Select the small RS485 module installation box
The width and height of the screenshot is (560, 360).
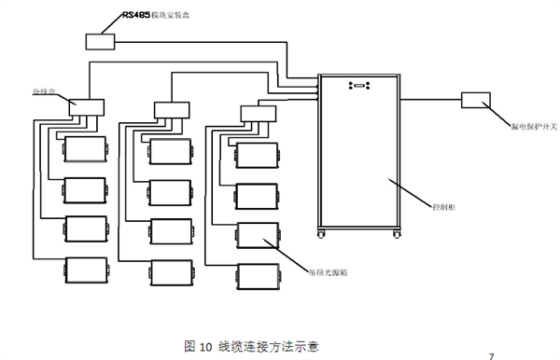pyautogui.click(x=99, y=41)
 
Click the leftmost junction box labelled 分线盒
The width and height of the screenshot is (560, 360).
pyautogui.click(x=84, y=108)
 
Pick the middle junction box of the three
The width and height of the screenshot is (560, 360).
pyautogui.click(x=170, y=109)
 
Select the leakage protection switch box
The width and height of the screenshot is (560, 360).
pyautogui.click(x=479, y=100)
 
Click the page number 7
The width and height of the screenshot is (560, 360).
pyautogui.click(x=492, y=355)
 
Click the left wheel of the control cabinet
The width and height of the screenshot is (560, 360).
pyautogui.click(x=324, y=234)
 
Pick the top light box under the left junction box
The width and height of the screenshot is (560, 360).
pyautogui.click(x=86, y=149)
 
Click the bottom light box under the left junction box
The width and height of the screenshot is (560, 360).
pyautogui.click(x=86, y=270)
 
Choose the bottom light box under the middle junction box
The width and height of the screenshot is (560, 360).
pyautogui.click(x=171, y=270)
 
